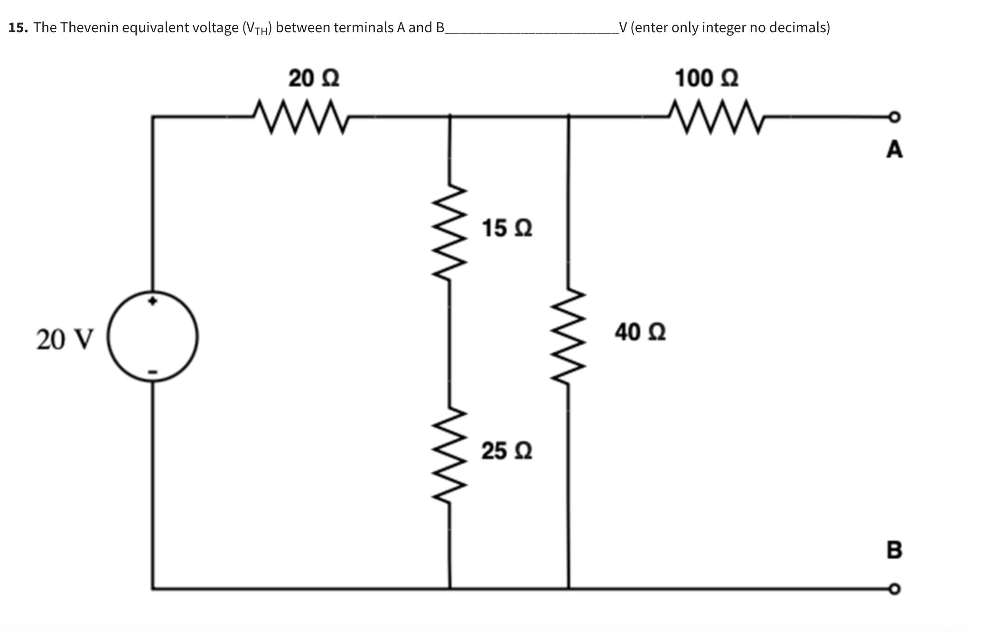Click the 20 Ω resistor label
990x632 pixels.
click(314, 78)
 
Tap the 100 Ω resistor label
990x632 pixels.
click(706, 78)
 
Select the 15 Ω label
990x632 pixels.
click(507, 228)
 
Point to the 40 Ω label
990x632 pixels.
click(640, 332)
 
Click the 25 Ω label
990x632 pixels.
click(507, 451)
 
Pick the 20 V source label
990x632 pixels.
click(65, 340)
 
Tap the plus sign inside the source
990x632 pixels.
click(152, 301)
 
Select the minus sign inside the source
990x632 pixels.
click(152, 372)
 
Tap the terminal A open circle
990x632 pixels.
click(894, 116)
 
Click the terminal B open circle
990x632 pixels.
click(894, 589)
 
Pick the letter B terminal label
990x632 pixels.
click(894, 550)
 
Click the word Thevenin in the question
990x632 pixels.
click(89, 28)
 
